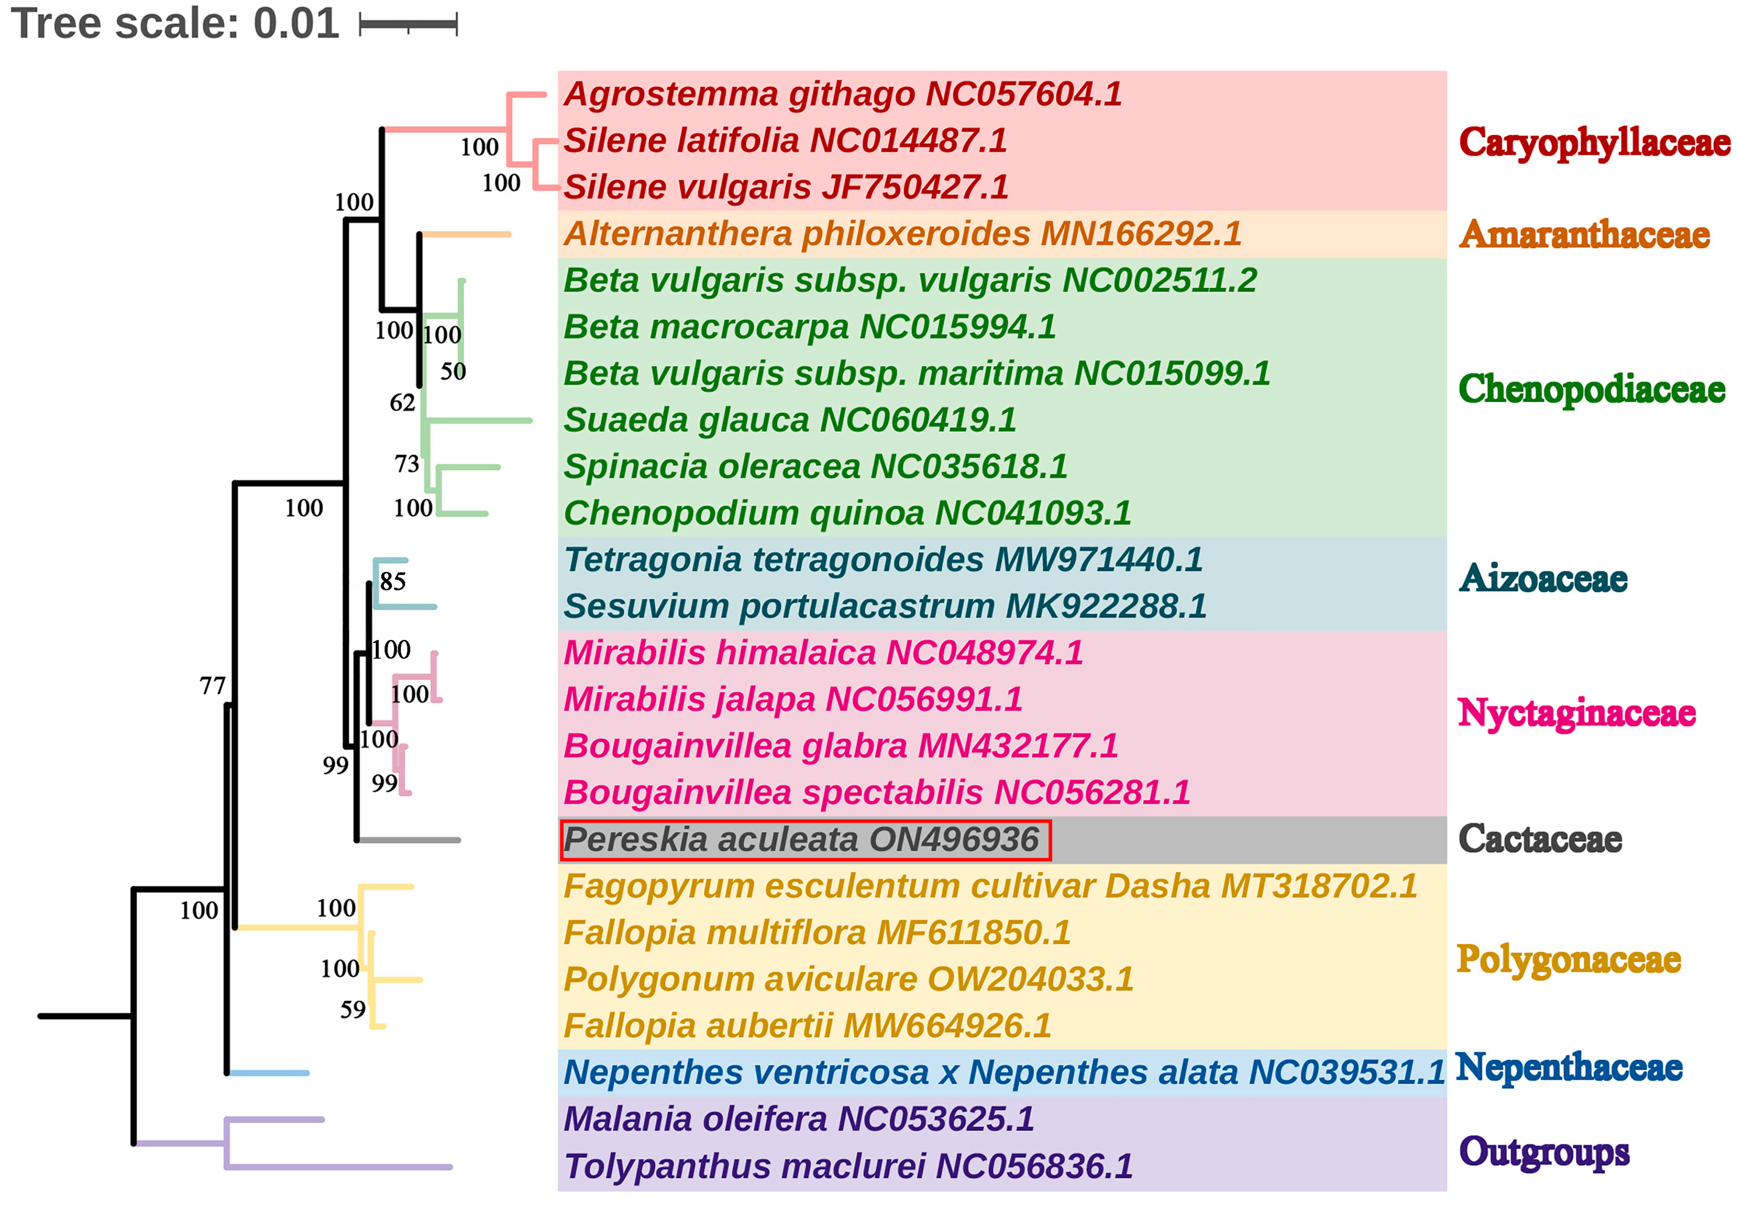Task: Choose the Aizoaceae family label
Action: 1543,579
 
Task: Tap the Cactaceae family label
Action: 1540,839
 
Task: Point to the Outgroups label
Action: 1544,1152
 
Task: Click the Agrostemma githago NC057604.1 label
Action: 842,94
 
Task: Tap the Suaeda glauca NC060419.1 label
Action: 789,420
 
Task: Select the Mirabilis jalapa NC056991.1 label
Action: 792,700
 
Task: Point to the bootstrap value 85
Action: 393,581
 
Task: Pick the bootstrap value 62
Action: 403,403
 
